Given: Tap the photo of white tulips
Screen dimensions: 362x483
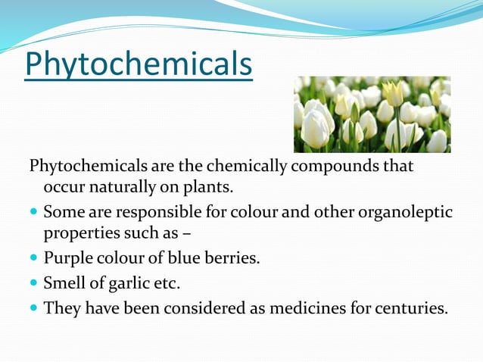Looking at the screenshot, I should pyautogui.click(x=372, y=114).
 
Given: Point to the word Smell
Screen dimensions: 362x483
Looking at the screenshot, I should pyautogui.click(x=65, y=283).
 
